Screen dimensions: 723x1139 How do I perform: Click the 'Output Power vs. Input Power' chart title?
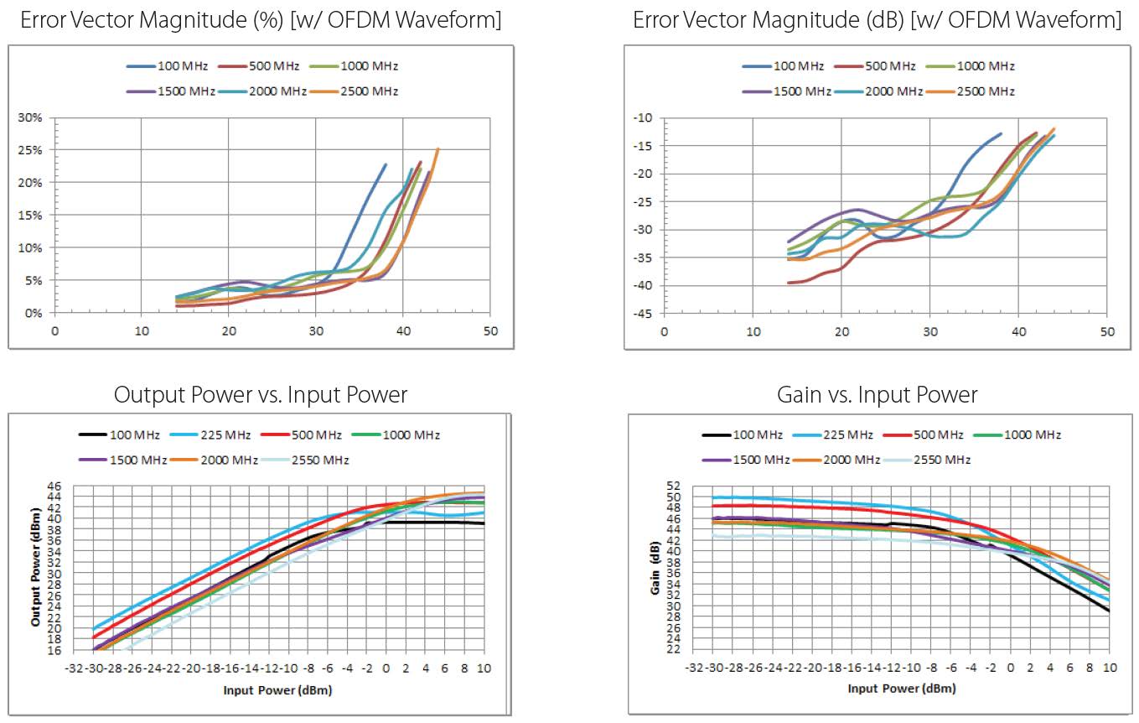pyautogui.click(x=261, y=394)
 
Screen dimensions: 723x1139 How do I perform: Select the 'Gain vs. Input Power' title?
pyautogui.click(x=877, y=394)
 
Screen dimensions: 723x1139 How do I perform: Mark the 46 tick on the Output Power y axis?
pyautogui.click(x=55, y=486)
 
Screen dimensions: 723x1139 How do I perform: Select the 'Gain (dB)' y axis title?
pyautogui.click(x=655, y=570)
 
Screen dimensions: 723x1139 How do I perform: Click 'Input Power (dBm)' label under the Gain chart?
pyautogui.click(x=901, y=689)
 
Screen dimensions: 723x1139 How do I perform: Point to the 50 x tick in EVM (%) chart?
pyautogui.click(x=490, y=331)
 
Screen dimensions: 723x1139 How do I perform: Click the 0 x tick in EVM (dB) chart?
pyautogui.click(x=664, y=331)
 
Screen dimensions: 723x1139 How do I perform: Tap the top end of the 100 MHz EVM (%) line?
pyautogui.click(x=386, y=164)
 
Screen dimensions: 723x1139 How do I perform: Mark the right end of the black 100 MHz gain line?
pyautogui.click(x=1109, y=611)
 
